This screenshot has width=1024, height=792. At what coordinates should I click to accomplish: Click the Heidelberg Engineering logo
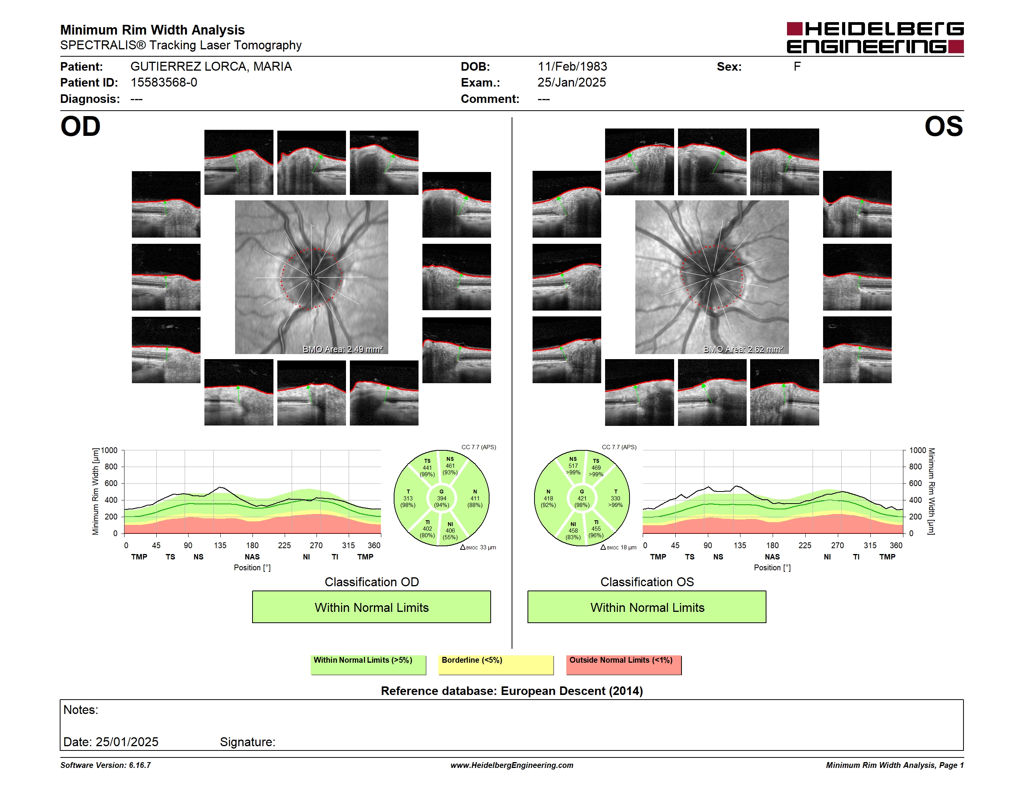(x=875, y=38)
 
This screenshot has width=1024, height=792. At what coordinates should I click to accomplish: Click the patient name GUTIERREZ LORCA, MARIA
(x=211, y=67)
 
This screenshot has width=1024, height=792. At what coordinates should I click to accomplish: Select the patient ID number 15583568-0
(x=164, y=83)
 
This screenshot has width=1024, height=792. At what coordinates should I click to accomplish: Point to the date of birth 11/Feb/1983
(x=572, y=67)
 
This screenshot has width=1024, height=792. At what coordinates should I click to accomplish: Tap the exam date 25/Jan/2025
(x=572, y=83)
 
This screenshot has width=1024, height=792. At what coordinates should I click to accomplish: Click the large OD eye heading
(x=80, y=127)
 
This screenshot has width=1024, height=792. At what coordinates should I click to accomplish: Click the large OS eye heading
(x=943, y=127)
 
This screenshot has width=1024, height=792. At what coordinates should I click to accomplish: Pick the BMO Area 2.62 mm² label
(x=743, y=349)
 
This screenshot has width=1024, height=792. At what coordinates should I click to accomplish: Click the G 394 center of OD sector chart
(x=441, y=498)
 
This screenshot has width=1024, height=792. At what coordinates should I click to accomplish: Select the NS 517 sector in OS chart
(x=573, y=465)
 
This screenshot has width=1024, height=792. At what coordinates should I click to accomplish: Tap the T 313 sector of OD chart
(x=408, y=498)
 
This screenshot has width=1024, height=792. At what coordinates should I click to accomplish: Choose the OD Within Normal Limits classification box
(x=371, y=607)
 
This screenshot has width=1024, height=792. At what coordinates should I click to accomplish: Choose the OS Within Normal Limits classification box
(x=647, y=607)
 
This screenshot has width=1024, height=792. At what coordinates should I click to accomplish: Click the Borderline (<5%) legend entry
(x=496, y=665)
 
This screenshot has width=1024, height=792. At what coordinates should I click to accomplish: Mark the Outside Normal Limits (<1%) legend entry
(x=624, y=665)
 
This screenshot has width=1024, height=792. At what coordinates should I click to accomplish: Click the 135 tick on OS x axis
(x=740, y=545)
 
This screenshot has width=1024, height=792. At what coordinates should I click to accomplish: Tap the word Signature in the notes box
(x=247, y=742)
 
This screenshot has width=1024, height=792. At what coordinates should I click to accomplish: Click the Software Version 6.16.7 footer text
(x=106, y=765)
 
